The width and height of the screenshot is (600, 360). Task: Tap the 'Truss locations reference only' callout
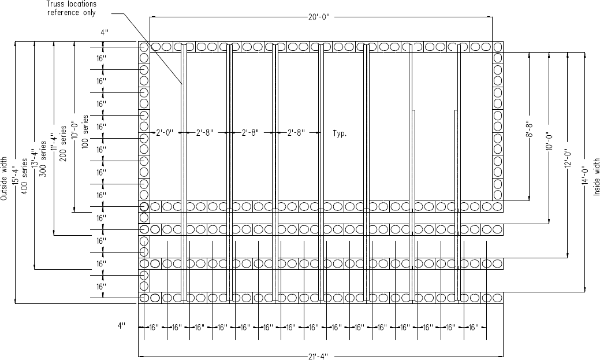point(72,9)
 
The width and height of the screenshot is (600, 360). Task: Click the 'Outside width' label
point(5,179)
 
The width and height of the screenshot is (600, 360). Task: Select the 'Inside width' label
point(597,180)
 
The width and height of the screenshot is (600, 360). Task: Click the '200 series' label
point(63,149)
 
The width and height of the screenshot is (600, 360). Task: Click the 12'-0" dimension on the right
point(567,156)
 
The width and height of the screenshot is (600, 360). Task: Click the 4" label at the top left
point(104,33)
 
